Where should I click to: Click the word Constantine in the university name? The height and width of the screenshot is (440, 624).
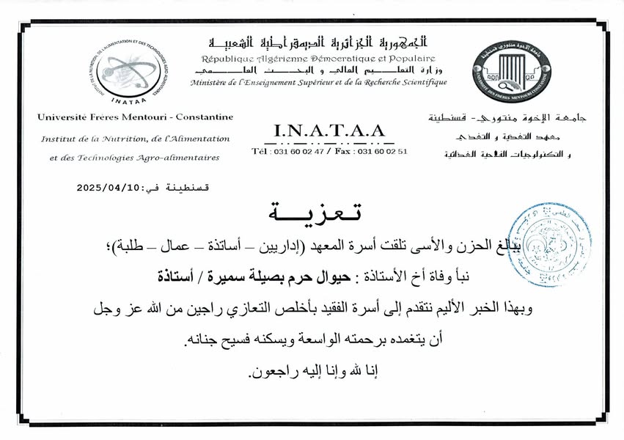(206, 117)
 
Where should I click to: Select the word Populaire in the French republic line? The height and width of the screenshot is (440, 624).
(408, 58)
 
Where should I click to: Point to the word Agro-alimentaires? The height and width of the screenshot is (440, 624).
(179, 157)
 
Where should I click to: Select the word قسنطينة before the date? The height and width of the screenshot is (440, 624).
(189, 188)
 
